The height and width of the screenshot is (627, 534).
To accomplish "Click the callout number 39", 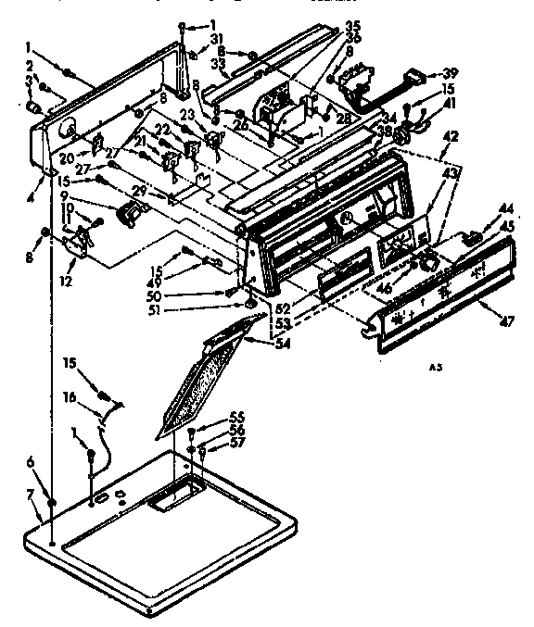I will (451, 73).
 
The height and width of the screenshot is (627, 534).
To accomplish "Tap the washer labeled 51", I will (251, 303).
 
